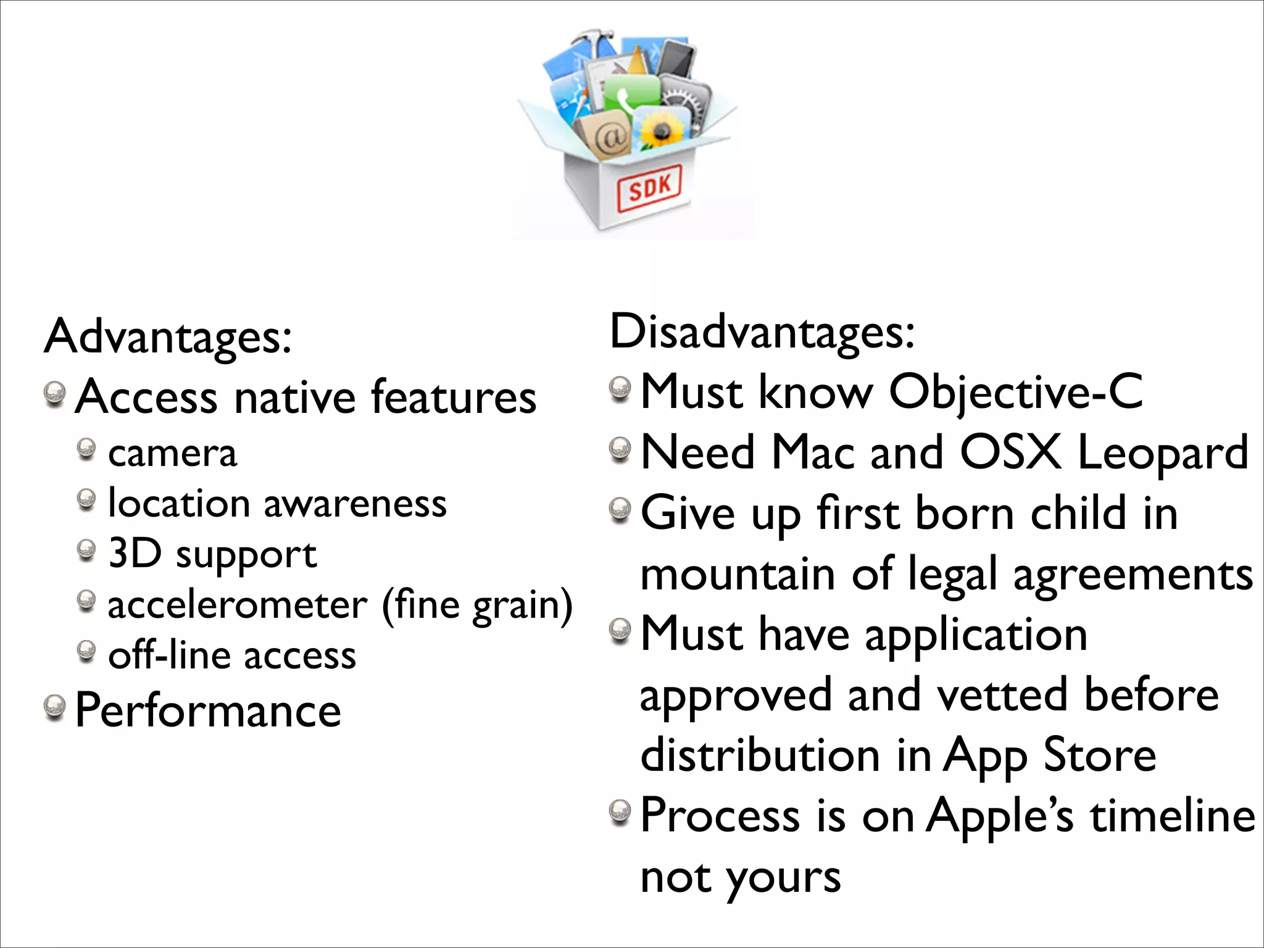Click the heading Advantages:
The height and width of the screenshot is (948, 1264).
pos(168,337)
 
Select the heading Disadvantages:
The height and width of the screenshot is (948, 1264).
pos(762,332)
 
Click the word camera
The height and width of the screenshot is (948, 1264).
pos(172,454)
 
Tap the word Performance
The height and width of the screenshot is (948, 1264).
pos(208,710)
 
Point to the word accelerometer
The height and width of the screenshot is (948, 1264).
pos(238,605)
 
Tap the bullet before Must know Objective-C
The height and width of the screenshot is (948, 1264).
pos(620,389)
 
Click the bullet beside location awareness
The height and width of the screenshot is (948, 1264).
pos(86,499)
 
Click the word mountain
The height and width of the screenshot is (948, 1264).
pos(738,575)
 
